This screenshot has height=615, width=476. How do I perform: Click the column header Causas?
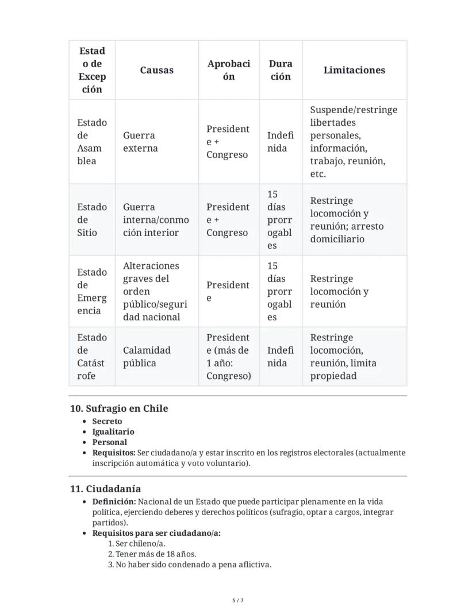156,70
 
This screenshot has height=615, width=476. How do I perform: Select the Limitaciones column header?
354,70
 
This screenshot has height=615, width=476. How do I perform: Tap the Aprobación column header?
229,70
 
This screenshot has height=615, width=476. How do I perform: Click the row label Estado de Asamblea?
92,142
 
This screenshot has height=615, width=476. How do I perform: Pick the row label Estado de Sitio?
92,220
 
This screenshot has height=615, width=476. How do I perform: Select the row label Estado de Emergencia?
92,291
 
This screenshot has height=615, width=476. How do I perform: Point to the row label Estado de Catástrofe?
92,357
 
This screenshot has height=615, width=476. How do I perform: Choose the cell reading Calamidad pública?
147,357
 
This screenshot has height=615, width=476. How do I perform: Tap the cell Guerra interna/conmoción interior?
155,220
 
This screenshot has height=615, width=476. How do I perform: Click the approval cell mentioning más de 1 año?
228,357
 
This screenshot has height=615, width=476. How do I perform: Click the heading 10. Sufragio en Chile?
119,409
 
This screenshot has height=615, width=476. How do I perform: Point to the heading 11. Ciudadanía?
105,489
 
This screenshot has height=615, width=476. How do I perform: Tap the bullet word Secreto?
107,421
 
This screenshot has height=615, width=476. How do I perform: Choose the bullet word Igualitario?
113,432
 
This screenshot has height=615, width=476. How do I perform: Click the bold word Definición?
114,502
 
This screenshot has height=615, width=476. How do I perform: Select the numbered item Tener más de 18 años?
156,554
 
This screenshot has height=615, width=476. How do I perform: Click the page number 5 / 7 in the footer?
238,601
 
